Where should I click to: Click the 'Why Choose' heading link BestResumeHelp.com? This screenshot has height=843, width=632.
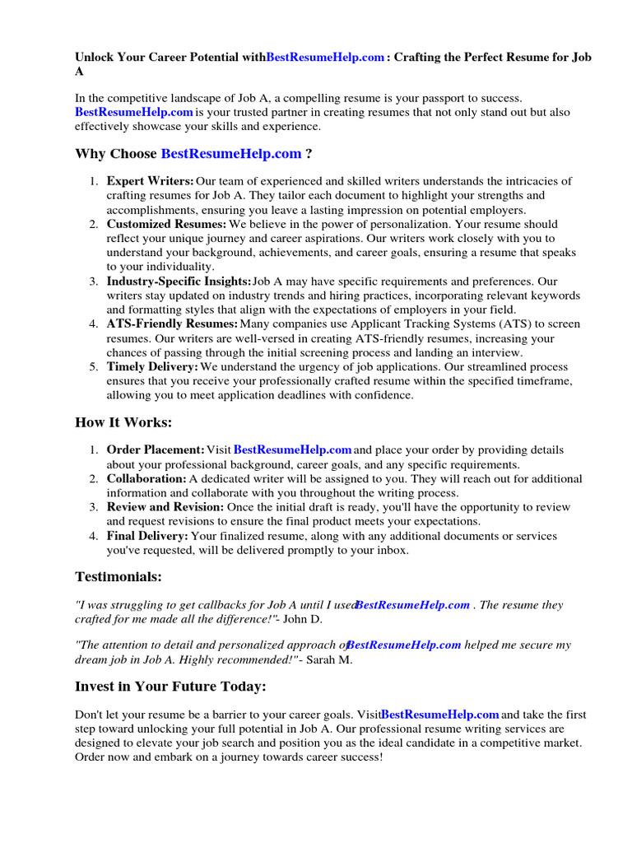click(231, 154)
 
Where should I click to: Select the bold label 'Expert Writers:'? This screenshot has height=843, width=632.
click(151, 181)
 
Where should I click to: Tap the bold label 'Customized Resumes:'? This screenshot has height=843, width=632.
click(166, 224)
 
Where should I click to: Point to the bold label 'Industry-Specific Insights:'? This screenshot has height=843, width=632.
click(179, 282)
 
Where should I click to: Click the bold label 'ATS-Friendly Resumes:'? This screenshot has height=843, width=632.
click(172, 324)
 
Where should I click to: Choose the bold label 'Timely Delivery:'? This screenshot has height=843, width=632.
click(152, 367)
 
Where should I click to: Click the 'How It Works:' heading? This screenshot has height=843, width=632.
click(124, 422)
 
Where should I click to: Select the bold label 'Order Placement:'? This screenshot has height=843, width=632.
click(156, 450)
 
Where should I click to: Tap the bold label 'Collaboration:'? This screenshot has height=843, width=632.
click(146, 478)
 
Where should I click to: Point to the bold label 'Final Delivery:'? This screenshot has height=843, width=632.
click(147, 536)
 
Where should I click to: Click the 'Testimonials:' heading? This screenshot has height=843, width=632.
click(118, 577)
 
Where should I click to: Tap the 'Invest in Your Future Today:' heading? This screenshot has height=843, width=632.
click(170, 687)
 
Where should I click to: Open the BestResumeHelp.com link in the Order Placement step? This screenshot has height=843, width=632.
click(293, 450)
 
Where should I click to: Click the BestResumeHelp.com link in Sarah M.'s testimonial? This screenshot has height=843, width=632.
click(404, 645)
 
